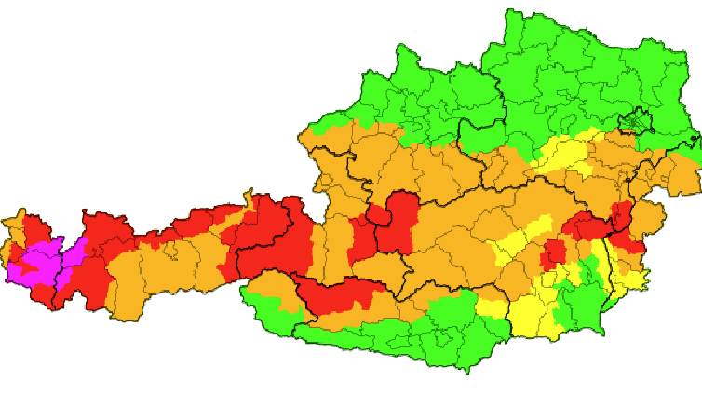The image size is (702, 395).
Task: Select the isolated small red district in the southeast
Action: [555, 252]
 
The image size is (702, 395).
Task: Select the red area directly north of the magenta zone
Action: [35, 229]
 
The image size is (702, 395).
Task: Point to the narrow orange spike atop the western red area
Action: [249, 198]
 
